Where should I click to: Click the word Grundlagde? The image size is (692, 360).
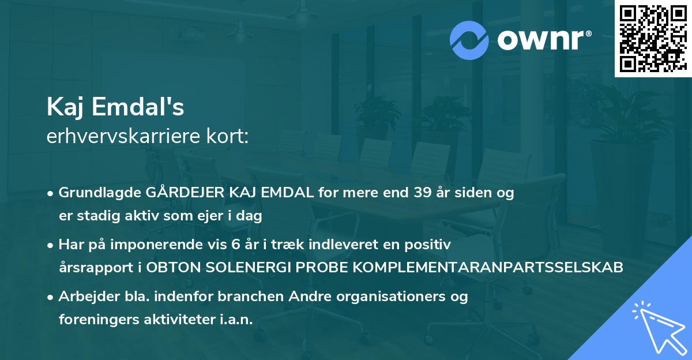click(x=95, y=193)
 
